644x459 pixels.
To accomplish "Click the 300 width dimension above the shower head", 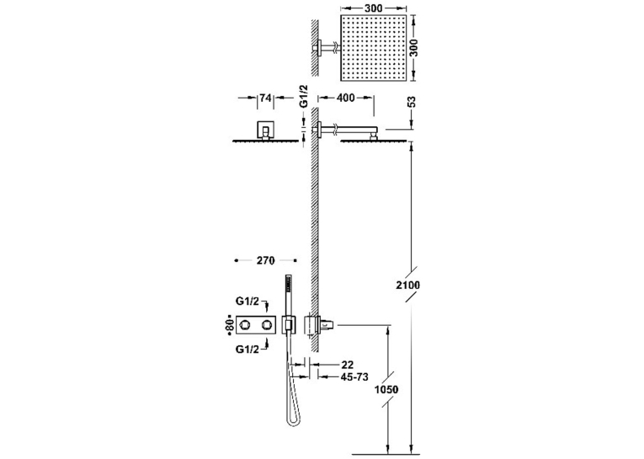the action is pos(373,8).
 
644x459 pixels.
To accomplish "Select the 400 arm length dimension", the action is pos(345,98).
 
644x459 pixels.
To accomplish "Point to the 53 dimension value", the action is pos(412,102).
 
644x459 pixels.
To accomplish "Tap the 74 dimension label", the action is pos(265,98).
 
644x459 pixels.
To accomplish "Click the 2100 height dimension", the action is pos(407,285).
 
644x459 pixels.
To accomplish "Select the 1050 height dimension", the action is pos(386,389).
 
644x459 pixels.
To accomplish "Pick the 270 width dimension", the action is pos(265,260).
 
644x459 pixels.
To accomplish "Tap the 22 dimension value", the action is pos(347,365).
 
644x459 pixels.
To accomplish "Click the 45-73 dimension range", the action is pos(355,376).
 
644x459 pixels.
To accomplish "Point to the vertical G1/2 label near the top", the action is pos(304,97).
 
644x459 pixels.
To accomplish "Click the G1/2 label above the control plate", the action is pos(247,302).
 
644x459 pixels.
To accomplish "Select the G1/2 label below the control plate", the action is pos(247,350).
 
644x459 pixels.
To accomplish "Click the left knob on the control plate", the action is pos(246,325).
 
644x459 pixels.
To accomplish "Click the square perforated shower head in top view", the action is pos(373,48).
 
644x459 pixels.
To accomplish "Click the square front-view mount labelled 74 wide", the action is pos(265,130).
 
